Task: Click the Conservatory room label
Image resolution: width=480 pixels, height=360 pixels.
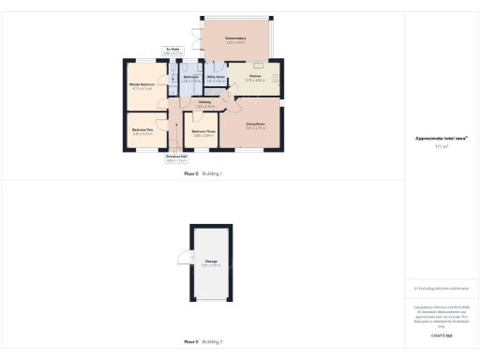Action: pyautogui.click(x=234, y=38)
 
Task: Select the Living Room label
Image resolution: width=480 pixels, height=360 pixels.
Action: pyautogui.click(x=255, y=124)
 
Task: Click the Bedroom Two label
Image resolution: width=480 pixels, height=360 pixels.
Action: pyautogui.click(x=142, y=129)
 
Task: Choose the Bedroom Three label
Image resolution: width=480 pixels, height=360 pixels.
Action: pyautogui.click(x=203, y=131)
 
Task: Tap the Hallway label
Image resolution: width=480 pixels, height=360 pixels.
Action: pyautogui.click(x=204, y=103)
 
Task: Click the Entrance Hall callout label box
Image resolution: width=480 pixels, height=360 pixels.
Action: pyautogui.click(x=176, y=158)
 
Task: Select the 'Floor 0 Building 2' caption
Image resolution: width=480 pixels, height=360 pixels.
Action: pyautogui.click(x=203, y=342)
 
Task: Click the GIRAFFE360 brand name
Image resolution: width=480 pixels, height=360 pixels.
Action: pyautogui.click(x=441, y=335)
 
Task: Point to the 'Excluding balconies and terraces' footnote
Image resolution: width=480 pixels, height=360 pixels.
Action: pyautogui.click(x=441, y=288)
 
